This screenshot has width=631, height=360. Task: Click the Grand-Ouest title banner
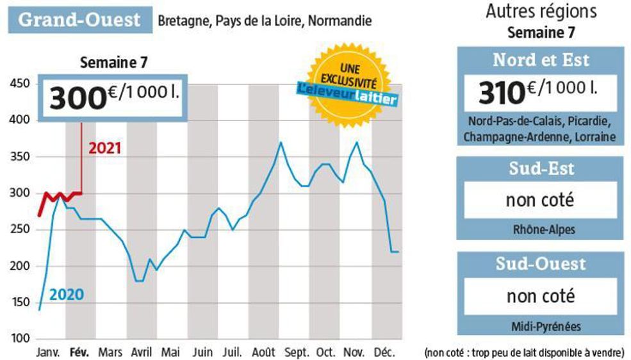[x=79, y=19]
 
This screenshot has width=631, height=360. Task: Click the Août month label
[x=264, y=352]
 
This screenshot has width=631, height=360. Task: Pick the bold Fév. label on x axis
[x=79, y=352]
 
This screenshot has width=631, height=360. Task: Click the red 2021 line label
[x=104, y=149]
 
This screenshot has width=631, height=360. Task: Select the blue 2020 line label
[x=67, y=295]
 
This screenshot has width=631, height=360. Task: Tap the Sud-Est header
[x=539, y=168]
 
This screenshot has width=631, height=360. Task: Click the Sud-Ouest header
[x=539, y=263]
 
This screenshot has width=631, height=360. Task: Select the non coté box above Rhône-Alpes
[x=539, y=200]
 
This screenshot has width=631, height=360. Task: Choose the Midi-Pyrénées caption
[x=539, y=327]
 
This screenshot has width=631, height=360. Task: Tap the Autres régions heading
[x=541, y=11]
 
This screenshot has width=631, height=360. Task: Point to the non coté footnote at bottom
[x=523, y=352]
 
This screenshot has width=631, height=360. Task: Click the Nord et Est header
[x=539, y=60]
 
